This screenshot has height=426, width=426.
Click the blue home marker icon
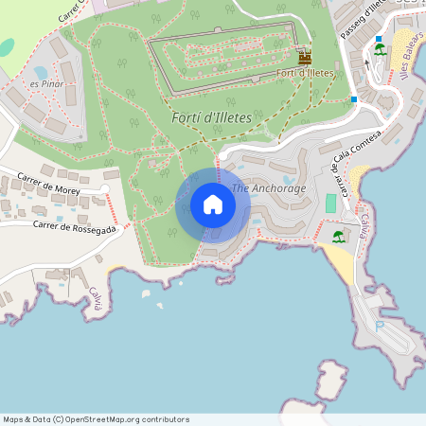point(213,204)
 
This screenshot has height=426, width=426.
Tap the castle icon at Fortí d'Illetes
point(305,58)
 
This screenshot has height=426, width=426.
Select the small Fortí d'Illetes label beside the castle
point(305,73)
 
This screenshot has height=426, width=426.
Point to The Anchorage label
point(269,188)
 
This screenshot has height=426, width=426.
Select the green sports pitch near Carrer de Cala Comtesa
point(330,203)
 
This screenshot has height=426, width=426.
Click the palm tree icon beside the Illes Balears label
point(380,50)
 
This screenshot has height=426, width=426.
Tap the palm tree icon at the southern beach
point(339,237)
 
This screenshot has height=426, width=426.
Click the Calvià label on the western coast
point(95,300)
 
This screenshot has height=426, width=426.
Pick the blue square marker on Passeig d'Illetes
point(354,98)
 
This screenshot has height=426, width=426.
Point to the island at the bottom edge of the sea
point(330,379)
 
